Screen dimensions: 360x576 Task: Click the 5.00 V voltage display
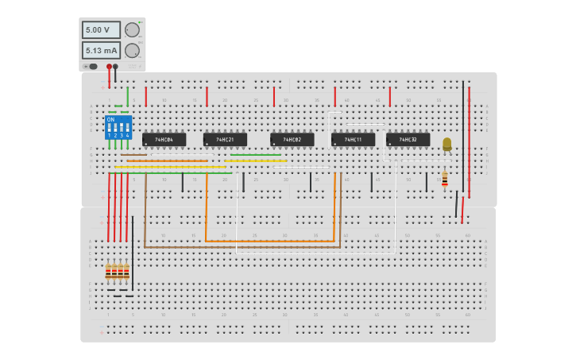(101, 30)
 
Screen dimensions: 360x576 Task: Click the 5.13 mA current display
(101, 50)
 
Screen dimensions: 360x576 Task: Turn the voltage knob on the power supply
(132, 30)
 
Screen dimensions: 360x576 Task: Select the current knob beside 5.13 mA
(132, 50)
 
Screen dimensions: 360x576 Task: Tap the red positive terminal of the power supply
(109, 67)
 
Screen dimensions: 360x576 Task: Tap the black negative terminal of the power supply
(115, 67)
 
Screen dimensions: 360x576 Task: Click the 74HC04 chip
(164, 140)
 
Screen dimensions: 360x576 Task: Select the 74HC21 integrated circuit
(225, 140)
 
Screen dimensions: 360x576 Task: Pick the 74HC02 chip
(292, 140)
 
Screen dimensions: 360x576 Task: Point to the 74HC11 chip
(353, 140)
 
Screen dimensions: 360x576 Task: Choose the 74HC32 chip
(408, 140)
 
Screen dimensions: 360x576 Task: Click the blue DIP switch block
(118, 128)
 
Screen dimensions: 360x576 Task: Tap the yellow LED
(446, 144)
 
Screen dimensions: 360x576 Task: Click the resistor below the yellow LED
(444, 180)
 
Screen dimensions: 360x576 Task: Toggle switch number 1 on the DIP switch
(110, 128)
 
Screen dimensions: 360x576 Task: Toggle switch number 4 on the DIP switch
(127, 128)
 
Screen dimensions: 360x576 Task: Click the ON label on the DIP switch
(110, 119)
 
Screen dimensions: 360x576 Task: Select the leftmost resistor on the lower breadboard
(108, 272)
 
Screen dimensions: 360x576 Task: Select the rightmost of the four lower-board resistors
(126, 272)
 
